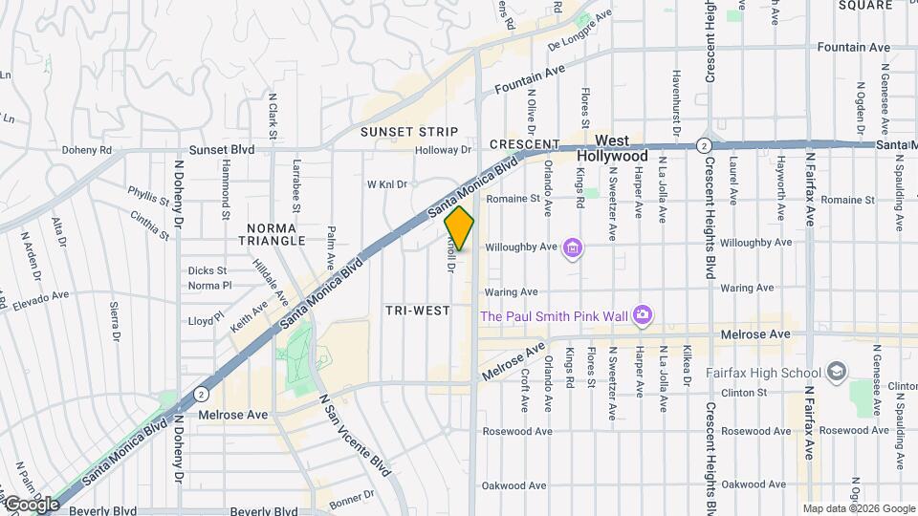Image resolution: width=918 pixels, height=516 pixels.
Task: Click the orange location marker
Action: pos(460,228)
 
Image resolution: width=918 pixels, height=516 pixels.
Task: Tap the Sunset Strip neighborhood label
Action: pos(409,132)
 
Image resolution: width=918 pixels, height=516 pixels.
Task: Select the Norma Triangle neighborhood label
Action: pos(275,235)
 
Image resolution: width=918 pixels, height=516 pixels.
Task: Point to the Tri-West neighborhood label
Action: pos(417,311)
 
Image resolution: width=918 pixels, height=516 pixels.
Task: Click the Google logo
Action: pos(31,504)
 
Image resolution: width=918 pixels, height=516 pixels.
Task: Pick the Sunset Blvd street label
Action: pos(222,150)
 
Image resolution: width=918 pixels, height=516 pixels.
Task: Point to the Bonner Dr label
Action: pos(351,498)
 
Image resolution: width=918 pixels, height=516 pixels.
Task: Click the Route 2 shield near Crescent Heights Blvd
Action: pos(704,144)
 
